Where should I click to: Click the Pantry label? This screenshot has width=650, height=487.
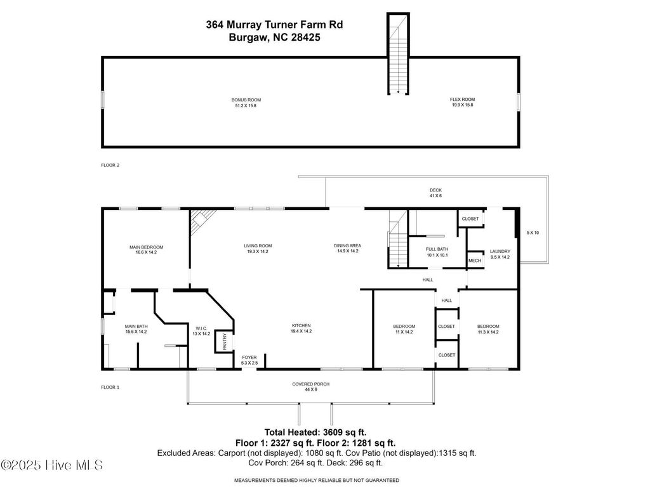[224, 341]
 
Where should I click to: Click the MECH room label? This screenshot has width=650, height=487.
[474, 261]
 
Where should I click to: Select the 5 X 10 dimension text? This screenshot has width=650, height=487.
[532, 233]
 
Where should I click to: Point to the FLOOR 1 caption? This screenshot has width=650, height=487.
[110, 387]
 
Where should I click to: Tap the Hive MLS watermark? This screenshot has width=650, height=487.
[52, 465]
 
